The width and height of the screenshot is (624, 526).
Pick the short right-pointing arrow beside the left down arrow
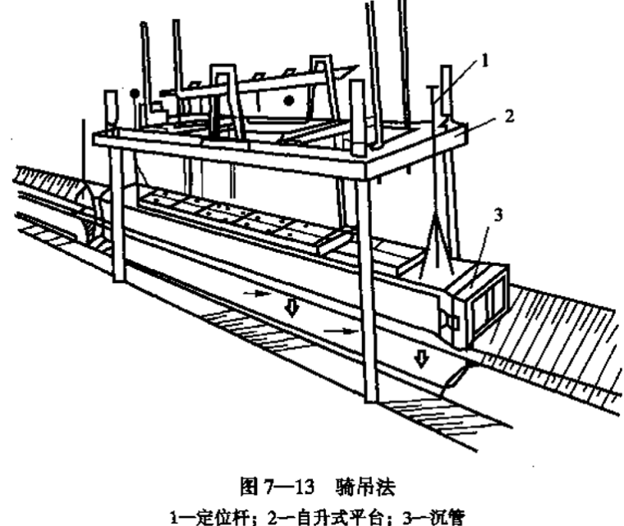[256, 291]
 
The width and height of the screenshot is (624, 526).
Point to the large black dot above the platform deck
[288, 101]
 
